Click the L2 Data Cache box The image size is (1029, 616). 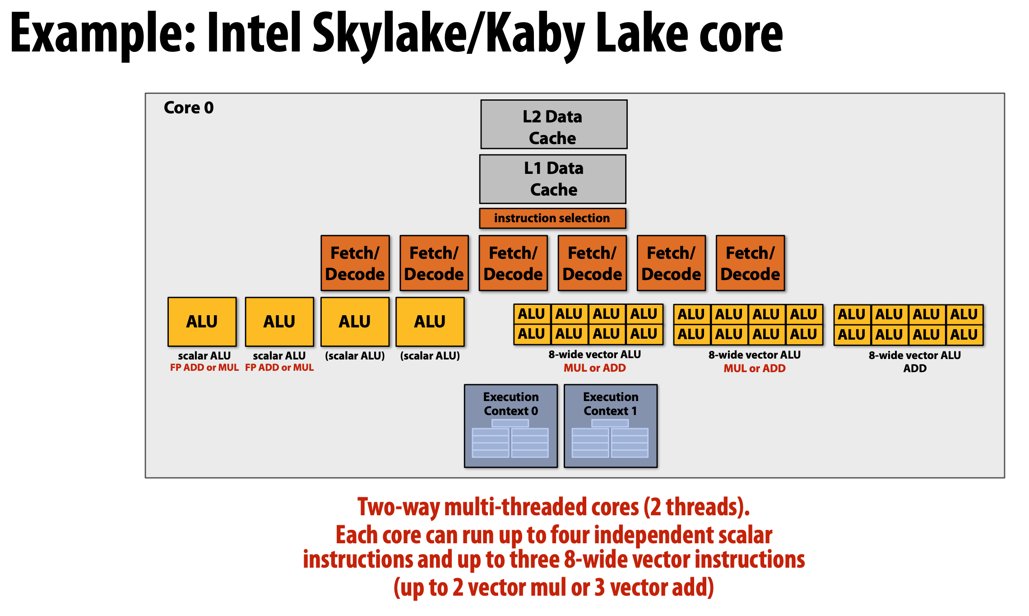click(554, 124)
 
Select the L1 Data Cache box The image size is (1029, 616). click(553, 179)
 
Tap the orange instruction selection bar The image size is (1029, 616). click(552, 218)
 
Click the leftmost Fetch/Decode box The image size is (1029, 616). click(355, 263)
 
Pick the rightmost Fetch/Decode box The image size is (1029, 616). click(750, 263)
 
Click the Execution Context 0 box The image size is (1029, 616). click(511, 425)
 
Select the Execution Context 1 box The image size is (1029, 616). click(611, 425)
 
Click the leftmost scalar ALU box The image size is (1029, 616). click(202, 322)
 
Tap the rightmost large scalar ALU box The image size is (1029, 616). click(430, 322)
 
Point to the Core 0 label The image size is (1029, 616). click(189, 108)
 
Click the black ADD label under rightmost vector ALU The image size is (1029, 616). click(915, 369)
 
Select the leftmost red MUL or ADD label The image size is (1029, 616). click(594, 368)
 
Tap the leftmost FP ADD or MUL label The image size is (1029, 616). click(204, 368)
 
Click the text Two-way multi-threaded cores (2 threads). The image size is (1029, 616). click(553, 507)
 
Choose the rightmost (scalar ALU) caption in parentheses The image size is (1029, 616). click(430, 356)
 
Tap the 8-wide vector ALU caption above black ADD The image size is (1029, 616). click(915, 355)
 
